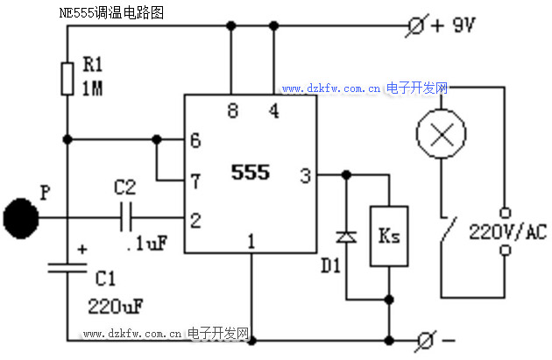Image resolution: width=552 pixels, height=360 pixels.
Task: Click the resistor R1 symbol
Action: point(67,78)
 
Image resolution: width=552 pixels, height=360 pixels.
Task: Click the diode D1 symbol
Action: point(347,236)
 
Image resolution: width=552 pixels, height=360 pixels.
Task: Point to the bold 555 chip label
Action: point(251,173)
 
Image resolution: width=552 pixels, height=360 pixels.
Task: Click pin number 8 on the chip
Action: point(232,111)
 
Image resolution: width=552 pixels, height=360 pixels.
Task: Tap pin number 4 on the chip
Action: point(273,111)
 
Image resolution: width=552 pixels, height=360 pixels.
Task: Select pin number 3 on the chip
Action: point(305,176)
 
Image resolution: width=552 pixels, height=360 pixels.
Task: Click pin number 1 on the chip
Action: point(251,238)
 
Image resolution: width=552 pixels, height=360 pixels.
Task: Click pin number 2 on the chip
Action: point(195,219)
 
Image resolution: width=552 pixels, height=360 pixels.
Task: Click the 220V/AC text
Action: point(507,232)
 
